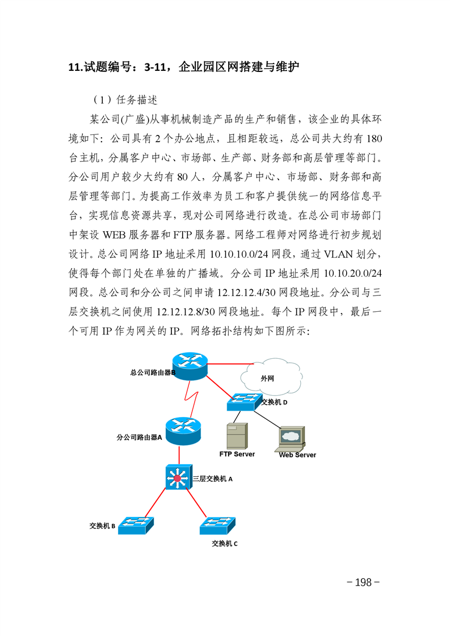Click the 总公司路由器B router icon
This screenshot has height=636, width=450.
[x=190, y=366]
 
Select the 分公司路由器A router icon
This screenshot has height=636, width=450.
[x=183, y=431]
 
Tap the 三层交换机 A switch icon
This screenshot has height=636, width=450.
[x=179, y=477]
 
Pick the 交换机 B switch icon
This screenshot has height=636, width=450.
[x=136, y=525]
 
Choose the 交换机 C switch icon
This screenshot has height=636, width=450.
[x=218, y=526]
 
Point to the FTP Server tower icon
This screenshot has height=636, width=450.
[x=237, y=436]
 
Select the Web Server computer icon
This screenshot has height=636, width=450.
[x=290, y=439]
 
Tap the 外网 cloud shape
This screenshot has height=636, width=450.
[x=271, y=377]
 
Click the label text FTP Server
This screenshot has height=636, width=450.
[x=237, y=454]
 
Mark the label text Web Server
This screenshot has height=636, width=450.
[x=297, y=455]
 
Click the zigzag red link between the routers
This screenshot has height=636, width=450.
[x=191, y=399]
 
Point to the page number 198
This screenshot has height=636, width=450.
[x=363, y=583]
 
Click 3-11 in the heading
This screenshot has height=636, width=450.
[x=155, y=67]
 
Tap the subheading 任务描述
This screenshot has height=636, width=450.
[x=136, y=100]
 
